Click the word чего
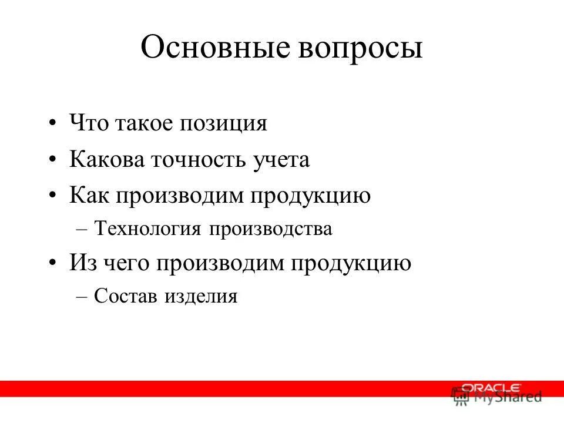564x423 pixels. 127,264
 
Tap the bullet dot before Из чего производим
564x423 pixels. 53,264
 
